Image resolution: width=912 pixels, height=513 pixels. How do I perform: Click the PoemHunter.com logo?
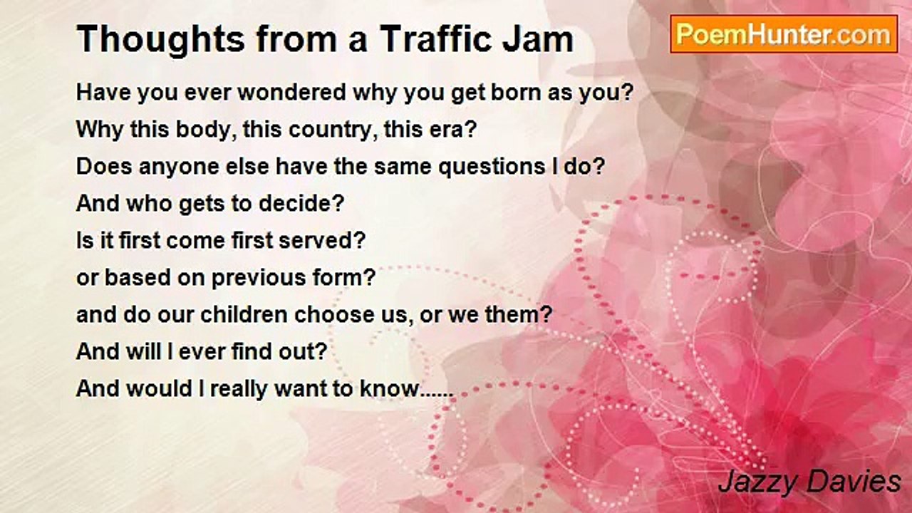[x=784, y=34]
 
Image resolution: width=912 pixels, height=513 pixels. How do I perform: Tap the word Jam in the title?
[x=538, y=39]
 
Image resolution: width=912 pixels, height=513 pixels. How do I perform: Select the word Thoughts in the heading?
[x=161, y=40]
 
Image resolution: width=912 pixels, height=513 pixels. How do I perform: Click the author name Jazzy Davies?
[x=809, y=483]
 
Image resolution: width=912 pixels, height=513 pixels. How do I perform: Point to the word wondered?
[x=291, y=93]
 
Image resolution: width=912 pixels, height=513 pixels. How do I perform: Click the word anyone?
[x=179, y=167]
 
